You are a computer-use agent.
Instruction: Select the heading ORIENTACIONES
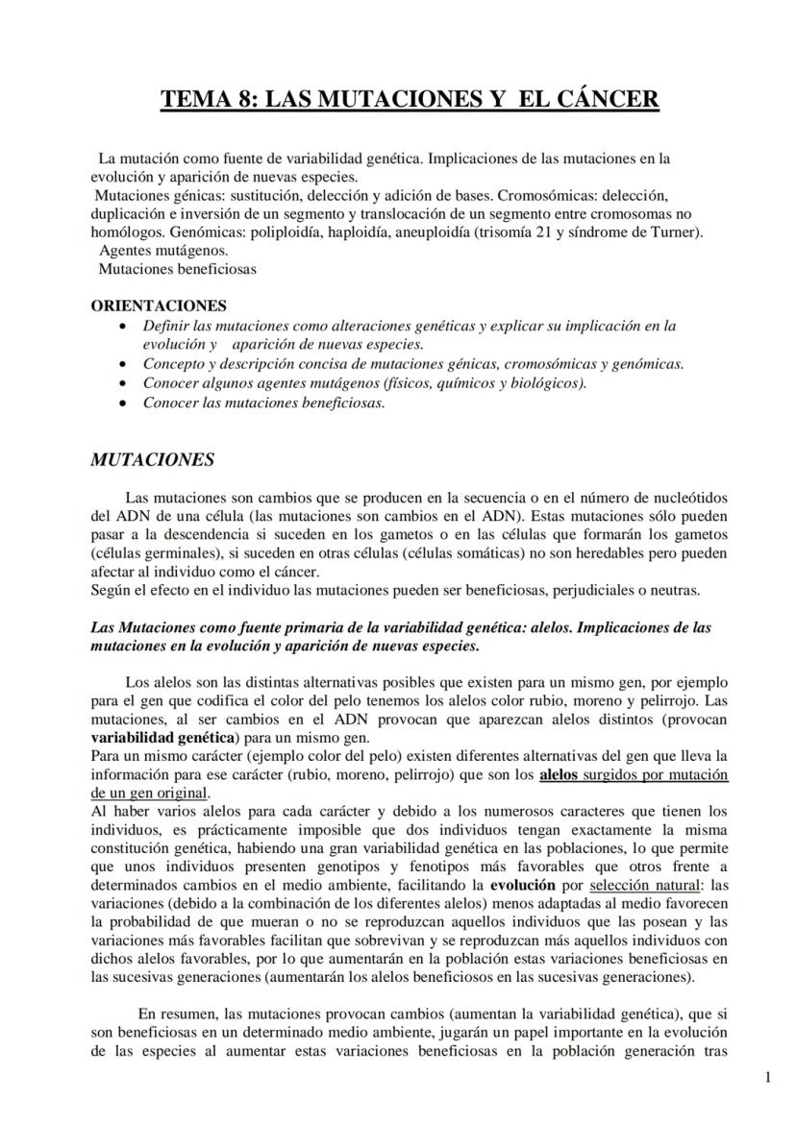coord(159,305)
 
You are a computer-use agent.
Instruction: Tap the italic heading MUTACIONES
coord(152,459)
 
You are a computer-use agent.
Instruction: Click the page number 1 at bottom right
coord(767,1077)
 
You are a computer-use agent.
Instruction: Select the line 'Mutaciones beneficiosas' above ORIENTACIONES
coord(177,269)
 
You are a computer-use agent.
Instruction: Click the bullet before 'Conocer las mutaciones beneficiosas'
coord(120,403)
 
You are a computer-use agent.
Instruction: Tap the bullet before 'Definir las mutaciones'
coord(120,327)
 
